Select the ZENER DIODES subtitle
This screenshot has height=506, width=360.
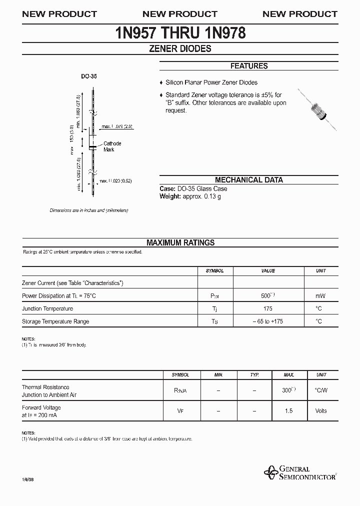[x=180, y=49]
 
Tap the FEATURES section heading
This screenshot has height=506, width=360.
[x=248, y=66]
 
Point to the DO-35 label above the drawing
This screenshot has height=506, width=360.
[x=89, y=77]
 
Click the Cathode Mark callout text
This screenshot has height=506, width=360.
[x=112, y=146]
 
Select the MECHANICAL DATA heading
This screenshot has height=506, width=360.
[x=248, y=180]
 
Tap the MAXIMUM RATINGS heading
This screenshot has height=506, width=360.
[x=180, y=242]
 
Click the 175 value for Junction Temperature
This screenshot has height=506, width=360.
[x=267, y=308]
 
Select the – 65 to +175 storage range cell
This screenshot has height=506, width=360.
[x=267, y=321]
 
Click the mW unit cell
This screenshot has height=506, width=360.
[x=320, y=295]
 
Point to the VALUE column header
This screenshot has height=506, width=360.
[x=268, y=270]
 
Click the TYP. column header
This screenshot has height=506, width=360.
[x=254, y=374]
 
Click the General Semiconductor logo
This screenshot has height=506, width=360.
[x=300, y=473]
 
